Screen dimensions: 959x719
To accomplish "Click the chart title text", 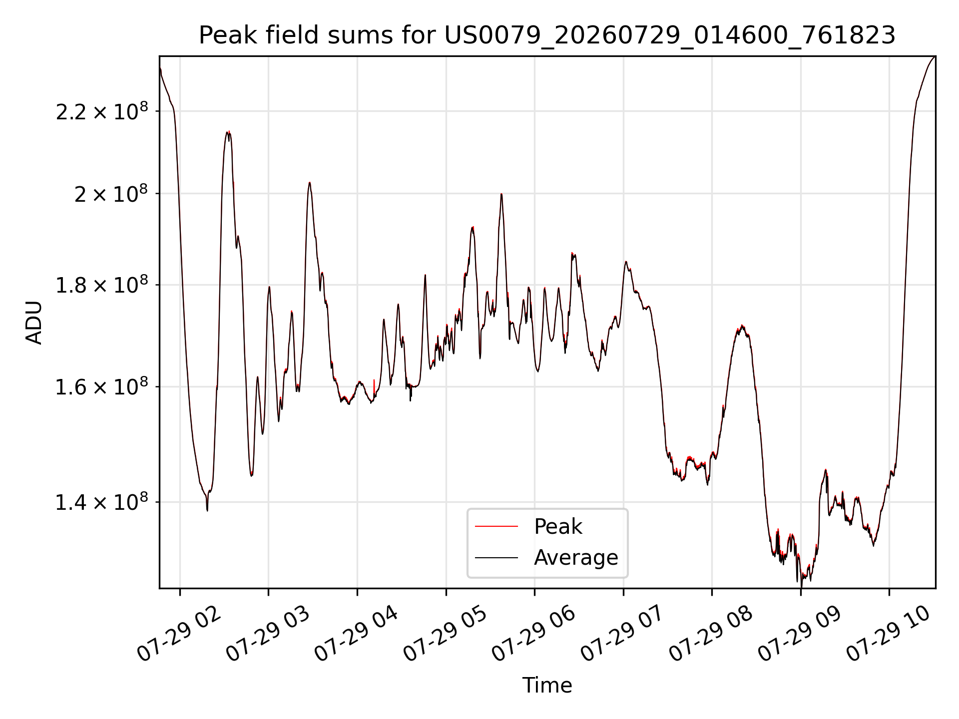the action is click(547, 35).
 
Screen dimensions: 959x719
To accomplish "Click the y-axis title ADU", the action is click(34, 323).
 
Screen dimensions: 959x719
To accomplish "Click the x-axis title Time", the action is click(547, 686).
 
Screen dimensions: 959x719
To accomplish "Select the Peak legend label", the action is click(558, 527).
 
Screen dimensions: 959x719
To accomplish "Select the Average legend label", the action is click(576, 558).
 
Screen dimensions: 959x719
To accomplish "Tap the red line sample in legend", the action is click(496, 526).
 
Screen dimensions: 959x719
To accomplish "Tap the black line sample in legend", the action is click(496, 557).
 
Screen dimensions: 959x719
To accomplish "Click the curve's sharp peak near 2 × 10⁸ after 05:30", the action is click(501, 194).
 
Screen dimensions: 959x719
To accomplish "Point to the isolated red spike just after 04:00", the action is click(374, 387).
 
